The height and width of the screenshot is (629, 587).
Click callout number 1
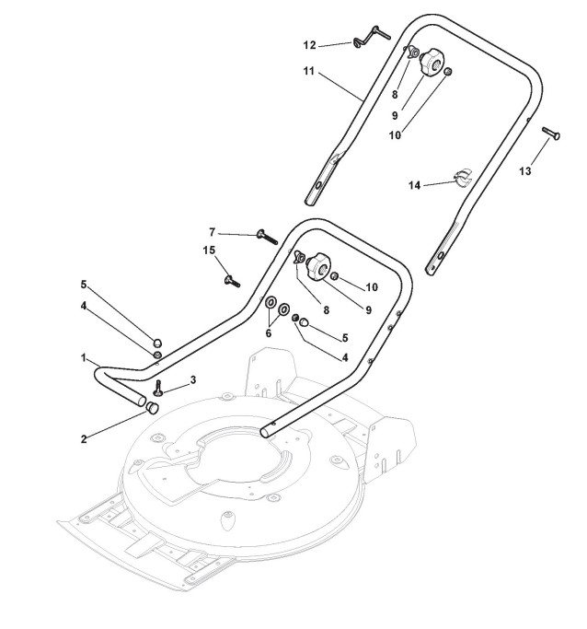(83, 356)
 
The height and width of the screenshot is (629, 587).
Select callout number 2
(84, 438)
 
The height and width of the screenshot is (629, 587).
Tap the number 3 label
(193, 379)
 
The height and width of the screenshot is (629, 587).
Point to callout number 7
(212, 232)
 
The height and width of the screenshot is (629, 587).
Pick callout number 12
(309, 43)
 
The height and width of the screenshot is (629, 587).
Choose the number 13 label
(526, 170)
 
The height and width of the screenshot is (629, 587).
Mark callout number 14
(415, 185)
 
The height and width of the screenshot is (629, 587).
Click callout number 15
(208, 250)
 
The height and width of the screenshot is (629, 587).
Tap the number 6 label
(269, 333)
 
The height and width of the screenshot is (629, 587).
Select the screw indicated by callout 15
(227, 278)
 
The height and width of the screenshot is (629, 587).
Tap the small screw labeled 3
(158, 387)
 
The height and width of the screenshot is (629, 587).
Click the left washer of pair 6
(272, 303)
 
